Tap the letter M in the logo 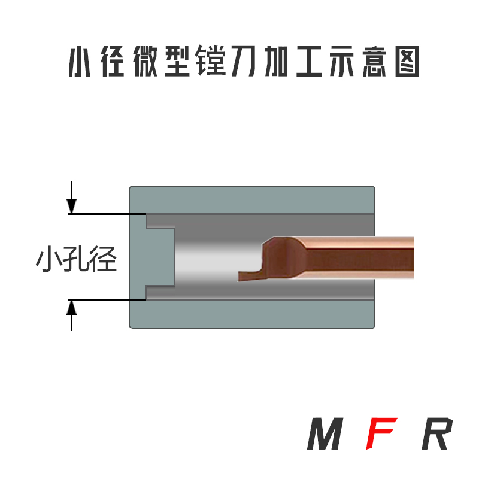pos(326,435)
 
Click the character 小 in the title pos(80,62)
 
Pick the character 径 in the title pos(112,62)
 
